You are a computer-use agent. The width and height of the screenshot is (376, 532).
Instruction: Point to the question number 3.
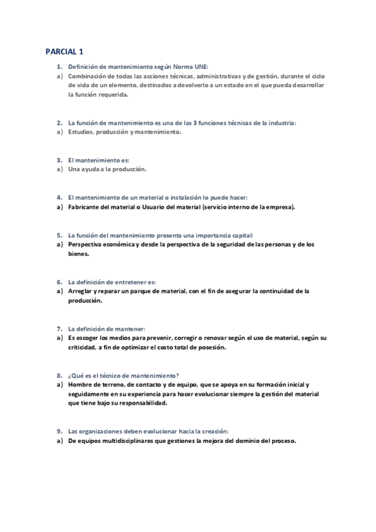click(58, 161)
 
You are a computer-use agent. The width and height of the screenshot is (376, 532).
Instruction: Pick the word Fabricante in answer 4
click(85, 206)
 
